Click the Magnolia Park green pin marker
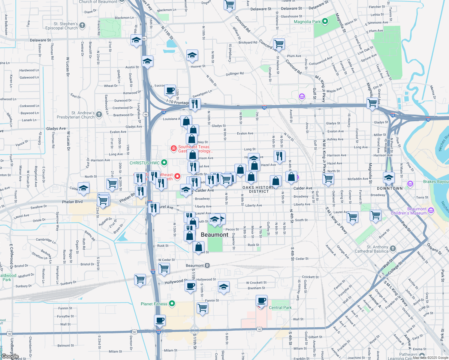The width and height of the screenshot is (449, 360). coord(325,21)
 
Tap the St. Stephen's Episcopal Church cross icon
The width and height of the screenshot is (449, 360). coord(82,25)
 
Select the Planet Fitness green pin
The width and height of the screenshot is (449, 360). coord(172,304)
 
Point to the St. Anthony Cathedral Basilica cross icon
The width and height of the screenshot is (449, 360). coord(393,248)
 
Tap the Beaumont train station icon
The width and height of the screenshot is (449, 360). coord(207,265)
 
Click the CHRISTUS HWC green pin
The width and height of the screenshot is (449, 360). coord(164,163)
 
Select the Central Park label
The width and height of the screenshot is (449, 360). coord(280,307)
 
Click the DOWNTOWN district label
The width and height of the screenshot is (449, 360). coord(390,188)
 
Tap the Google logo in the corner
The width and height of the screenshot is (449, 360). coord(10,356)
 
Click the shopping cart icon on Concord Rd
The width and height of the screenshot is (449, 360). coord(279,44)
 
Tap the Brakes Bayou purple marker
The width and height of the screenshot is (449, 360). coord(410,183)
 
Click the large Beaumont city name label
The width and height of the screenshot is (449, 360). coord(215,235)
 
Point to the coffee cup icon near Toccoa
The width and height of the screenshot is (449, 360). coord(170,90)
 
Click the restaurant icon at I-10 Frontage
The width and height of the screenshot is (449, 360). coord(195,104)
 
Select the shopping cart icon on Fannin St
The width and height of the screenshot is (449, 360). coord(203,308)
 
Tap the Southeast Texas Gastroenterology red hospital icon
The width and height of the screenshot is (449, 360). coord(173,148)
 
